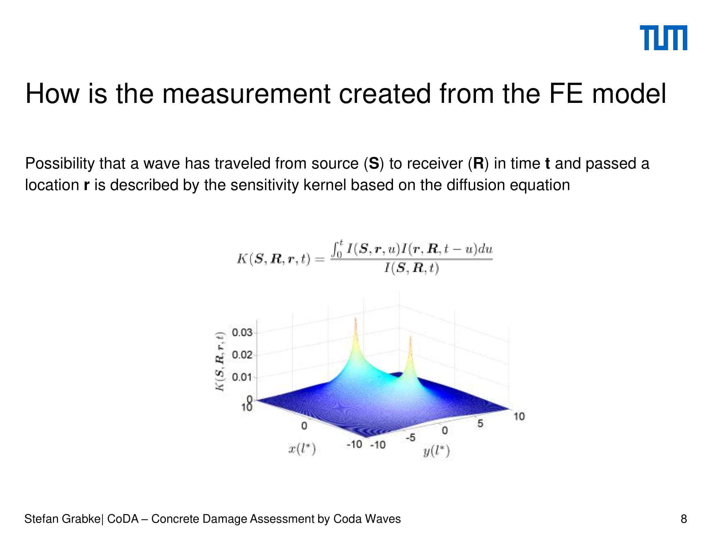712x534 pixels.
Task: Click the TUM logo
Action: [663, 38]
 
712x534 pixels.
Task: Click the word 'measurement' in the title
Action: [246, 94]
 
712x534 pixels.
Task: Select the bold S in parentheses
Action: [374, 163]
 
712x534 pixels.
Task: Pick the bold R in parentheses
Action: [478, 163]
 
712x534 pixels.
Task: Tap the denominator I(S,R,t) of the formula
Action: [412, 268]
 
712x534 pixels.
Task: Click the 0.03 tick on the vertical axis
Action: [242, 333]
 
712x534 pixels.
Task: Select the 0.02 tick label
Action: [242, 355]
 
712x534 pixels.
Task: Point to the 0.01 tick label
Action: [242, 377]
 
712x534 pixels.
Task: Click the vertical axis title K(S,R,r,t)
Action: [220, 361]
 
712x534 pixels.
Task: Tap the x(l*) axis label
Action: [302, 449]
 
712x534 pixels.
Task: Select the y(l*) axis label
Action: [436, 451]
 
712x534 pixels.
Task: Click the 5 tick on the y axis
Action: [480, 423]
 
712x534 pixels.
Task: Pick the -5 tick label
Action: [410, 438]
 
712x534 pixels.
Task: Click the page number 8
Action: [684, 519]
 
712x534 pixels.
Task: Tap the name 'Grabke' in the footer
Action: [82, 519]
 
